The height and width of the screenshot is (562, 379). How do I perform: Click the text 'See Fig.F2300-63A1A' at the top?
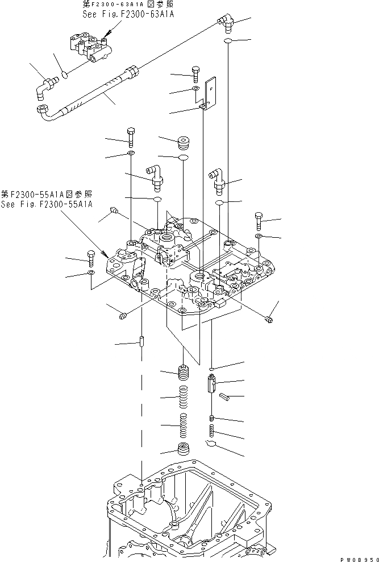click(128, 13)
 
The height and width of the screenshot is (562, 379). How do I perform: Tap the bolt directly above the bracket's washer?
click(195, 73)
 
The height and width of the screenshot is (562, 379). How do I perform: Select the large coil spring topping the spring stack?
click(184, 374)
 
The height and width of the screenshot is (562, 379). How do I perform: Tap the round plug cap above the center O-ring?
click(184, 140)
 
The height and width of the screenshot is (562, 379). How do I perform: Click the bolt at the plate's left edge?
click(91, 259)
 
